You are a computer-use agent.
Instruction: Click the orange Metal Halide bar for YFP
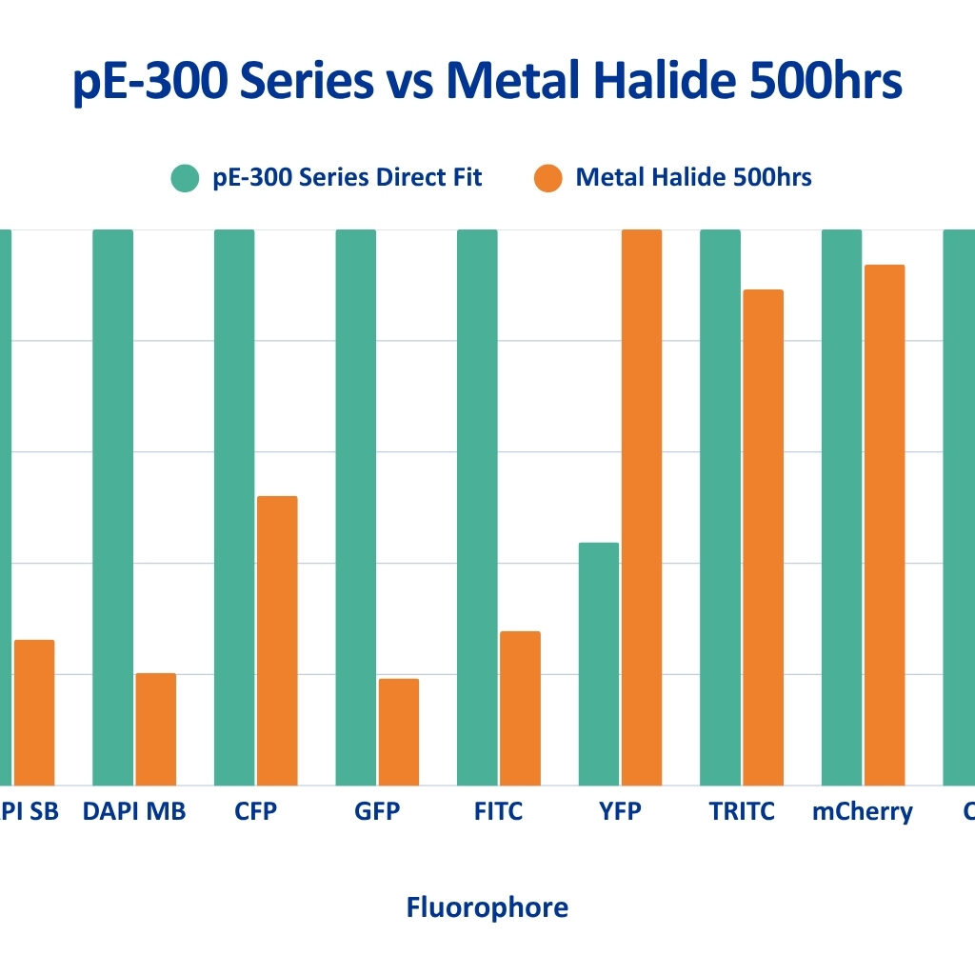(x=641, y=507)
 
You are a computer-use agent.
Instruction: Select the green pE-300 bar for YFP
(x=598, y=664)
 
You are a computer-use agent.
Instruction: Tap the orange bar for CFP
(x=277, y=641)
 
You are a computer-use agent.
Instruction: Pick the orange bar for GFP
(x=398, y=731)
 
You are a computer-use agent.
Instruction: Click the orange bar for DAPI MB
(x=155, y=728)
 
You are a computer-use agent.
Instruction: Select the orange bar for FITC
(x=520, y=707)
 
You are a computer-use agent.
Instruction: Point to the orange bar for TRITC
(x=763, y=537)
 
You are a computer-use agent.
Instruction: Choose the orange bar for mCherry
(x=885, y=525)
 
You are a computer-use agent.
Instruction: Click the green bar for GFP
(x=355, y=507)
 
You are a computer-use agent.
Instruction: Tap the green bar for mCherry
(x=842, y=507)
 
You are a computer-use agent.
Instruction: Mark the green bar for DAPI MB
(x=112, y=507)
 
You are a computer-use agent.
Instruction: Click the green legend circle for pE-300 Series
(x=185, y=178)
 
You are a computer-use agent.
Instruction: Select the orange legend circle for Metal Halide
(x=548, y=178)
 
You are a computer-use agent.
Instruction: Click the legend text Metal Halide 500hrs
(x=693, y=178)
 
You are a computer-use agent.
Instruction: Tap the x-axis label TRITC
(x=742, y=811)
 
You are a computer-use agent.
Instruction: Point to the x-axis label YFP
(x=620, y=811)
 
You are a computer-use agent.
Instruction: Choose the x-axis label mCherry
(x=863, y=812)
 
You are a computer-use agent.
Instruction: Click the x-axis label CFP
(x=255, y=811)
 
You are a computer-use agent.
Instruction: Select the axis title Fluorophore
(x=487, y=907)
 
